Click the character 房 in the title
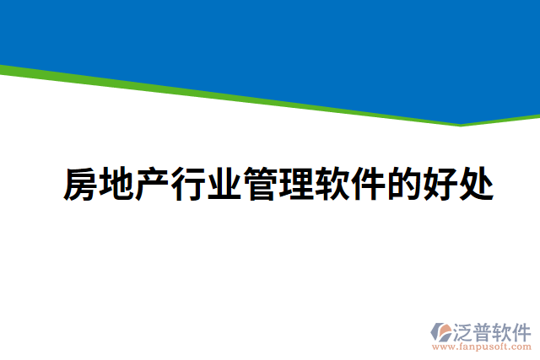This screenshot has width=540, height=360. (80, 185)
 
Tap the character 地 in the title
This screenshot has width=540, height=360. (116, 185)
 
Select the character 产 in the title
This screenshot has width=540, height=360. (153, 185)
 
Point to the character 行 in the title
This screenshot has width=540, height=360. (188, 185)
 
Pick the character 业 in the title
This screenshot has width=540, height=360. (224, 185)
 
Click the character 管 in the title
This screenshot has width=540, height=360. (260, 185)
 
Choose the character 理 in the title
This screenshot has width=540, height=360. (296, 185)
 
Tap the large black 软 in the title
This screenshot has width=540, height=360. (332, 185)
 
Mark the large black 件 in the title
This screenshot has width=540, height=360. (368, 185)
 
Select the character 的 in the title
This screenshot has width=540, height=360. (404, 185)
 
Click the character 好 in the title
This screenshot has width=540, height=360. (440, 185)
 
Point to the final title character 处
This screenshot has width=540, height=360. (476, 185)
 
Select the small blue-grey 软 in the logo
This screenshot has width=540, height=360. (506, 330)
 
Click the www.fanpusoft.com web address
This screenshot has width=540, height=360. (481, 347)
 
